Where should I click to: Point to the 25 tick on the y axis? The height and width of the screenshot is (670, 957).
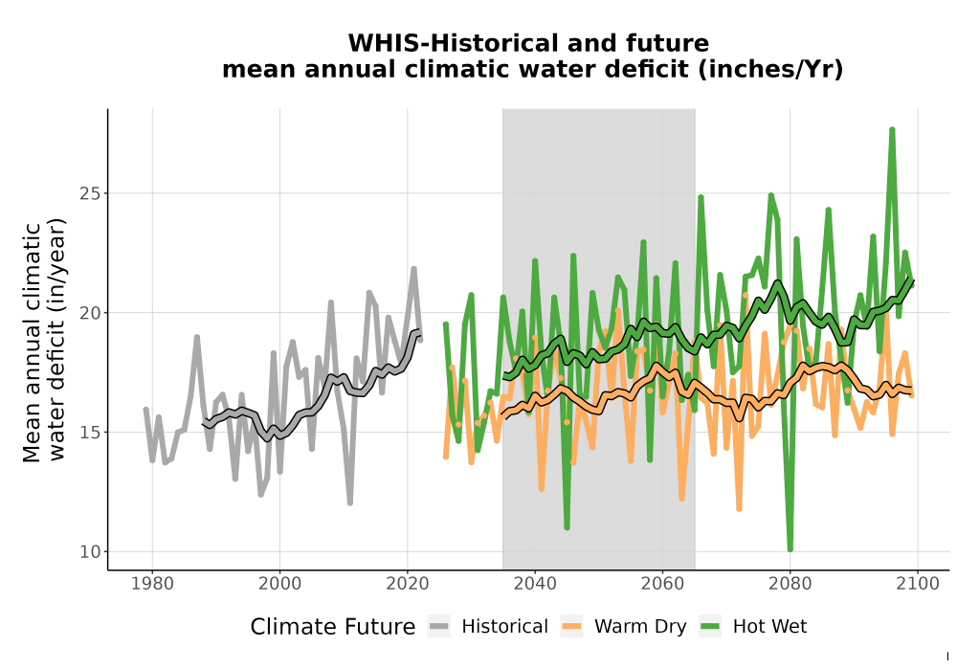coord(90,193)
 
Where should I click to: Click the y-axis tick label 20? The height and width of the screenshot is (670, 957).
coord(90,313)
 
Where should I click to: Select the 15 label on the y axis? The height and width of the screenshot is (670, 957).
coord(90,432)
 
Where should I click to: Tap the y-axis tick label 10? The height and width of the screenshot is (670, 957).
coord(90,551)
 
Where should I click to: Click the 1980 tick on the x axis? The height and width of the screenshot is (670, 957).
coord(152,583)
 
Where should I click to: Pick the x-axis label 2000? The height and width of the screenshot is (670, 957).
coord(279,583)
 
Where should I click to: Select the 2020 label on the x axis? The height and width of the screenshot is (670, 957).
coord(407,583)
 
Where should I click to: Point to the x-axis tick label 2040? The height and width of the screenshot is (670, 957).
coord(535,583)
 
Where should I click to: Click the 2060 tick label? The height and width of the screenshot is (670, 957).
coord(662,583)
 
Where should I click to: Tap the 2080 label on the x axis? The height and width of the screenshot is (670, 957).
coord(790,583)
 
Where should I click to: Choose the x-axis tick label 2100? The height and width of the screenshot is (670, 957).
coord(918,583)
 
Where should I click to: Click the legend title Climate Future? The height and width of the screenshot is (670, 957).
coord(333,627)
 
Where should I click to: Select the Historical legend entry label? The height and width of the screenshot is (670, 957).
coord(504,627)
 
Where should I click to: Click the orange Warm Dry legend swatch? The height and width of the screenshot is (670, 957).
coord(571,626)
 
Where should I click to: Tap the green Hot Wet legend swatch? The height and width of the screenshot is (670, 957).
coord(710,626)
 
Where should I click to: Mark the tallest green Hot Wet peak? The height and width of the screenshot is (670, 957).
coord(892,129)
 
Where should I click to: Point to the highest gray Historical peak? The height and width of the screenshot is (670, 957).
coord(413,269)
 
